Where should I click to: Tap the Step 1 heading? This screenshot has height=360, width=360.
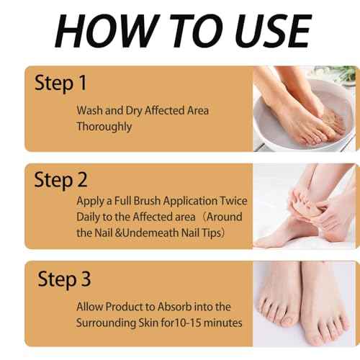tap(60, 83)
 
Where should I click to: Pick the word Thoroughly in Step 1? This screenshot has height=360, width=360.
tap(106, 126)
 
